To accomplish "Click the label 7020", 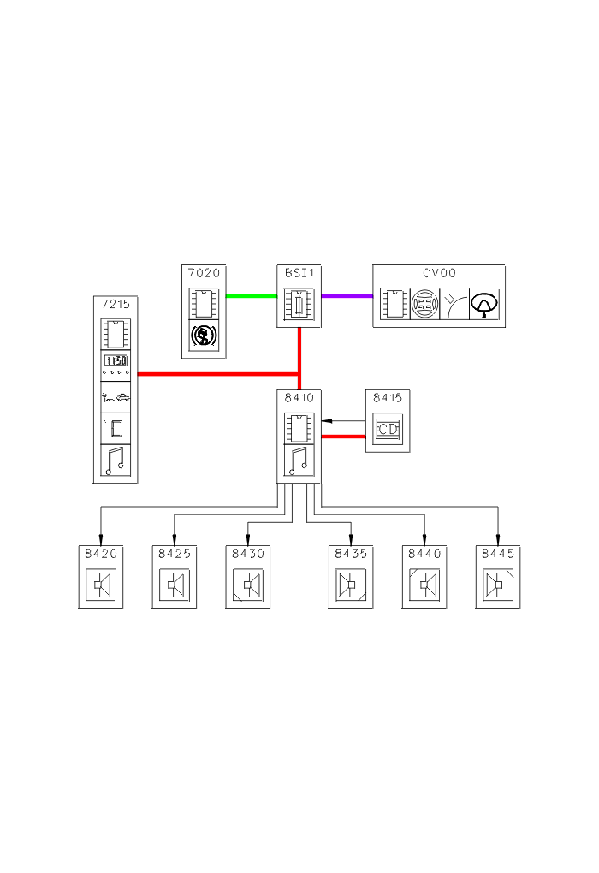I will point(204,273).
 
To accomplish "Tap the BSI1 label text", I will point(299,273).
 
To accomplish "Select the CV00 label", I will point(439,273).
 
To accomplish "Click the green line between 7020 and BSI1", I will point(252,296).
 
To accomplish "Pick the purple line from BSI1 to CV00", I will point(347,296).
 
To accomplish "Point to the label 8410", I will point(299,398).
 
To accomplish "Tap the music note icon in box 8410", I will point(299,461).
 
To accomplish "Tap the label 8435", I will point(351,554).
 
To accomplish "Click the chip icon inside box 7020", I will point(205,303).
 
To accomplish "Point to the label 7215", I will point(115,305).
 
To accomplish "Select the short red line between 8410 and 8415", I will point(342,436).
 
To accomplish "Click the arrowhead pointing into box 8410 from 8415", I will point(326,420).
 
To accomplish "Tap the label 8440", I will point(424,554).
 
